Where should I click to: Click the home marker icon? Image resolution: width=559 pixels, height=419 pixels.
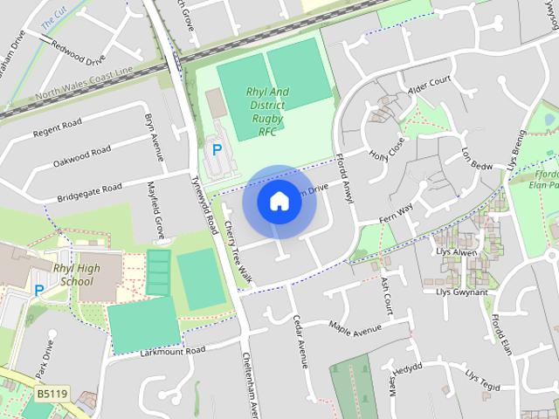point(279,201)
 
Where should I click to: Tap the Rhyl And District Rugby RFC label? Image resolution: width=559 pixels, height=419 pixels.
point(267,111)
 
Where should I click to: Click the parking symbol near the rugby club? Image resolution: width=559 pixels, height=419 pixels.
point(217,151)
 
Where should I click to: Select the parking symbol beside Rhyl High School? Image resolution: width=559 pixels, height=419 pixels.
point(38,289)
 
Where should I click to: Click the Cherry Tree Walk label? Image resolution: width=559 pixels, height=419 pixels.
point(237,251)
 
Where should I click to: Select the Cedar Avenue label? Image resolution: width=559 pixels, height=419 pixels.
point(300,341)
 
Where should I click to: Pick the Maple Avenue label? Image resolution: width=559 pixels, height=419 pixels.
point(355,327)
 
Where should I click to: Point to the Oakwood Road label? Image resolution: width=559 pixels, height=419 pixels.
point(82,157)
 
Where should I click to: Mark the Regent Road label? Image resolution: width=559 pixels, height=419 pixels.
point(57,129)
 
